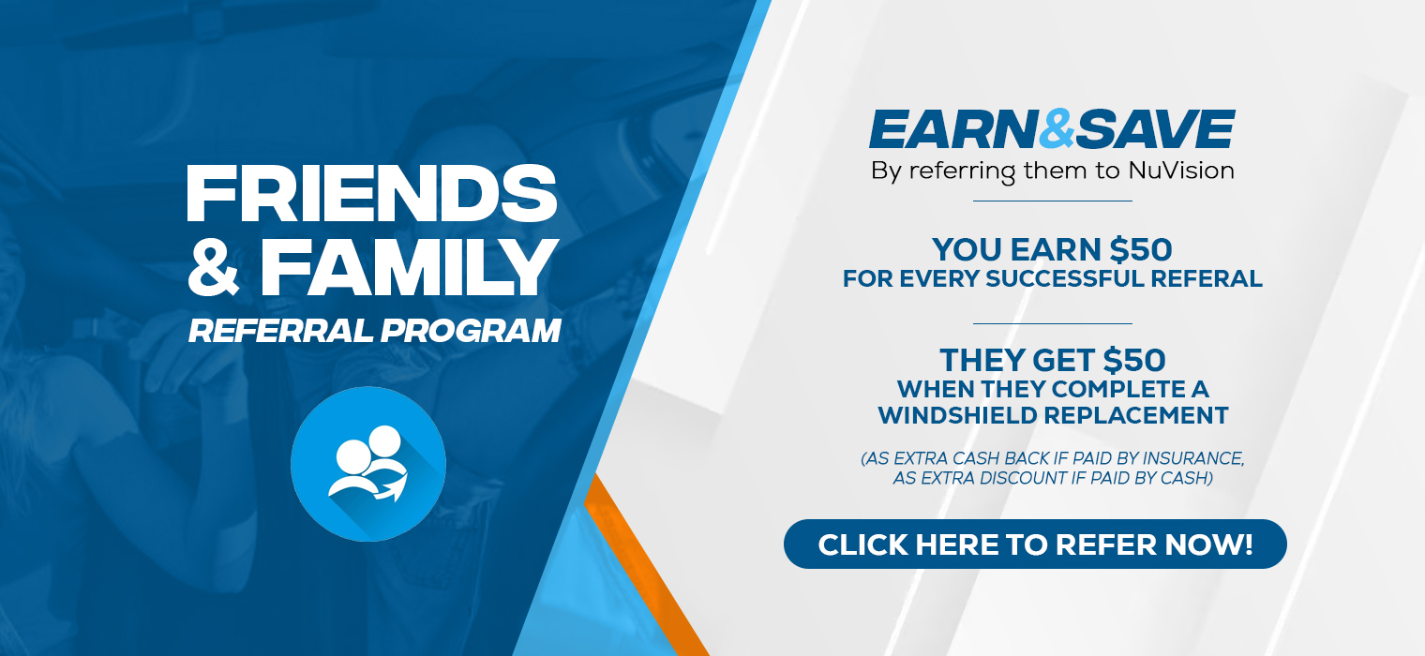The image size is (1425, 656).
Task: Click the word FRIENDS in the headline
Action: (371, 193)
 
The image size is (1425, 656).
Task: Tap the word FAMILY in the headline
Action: (410, 268)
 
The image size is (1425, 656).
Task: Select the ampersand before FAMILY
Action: (214, 268)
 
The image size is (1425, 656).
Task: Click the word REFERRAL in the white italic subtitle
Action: (280, 331)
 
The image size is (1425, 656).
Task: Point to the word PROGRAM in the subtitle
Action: (471, 331)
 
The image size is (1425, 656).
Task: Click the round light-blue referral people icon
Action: (368, 464)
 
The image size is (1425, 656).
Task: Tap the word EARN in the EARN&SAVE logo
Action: (953, 129)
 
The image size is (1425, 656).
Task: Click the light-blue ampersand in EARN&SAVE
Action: (1057, 129)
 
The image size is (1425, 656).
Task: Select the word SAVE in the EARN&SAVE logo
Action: (1155, 129)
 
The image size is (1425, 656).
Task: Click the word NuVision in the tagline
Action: (1181, 171)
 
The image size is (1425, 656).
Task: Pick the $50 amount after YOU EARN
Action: (1141, 249)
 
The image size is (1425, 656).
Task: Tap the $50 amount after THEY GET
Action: (1135, 361)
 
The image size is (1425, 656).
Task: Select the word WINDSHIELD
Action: (957, 416)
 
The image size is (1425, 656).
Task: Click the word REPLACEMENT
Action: (1136, 416)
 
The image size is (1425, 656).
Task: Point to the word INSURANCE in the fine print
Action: (1193, 458)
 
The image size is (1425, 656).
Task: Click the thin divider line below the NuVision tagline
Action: (1053, 201)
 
